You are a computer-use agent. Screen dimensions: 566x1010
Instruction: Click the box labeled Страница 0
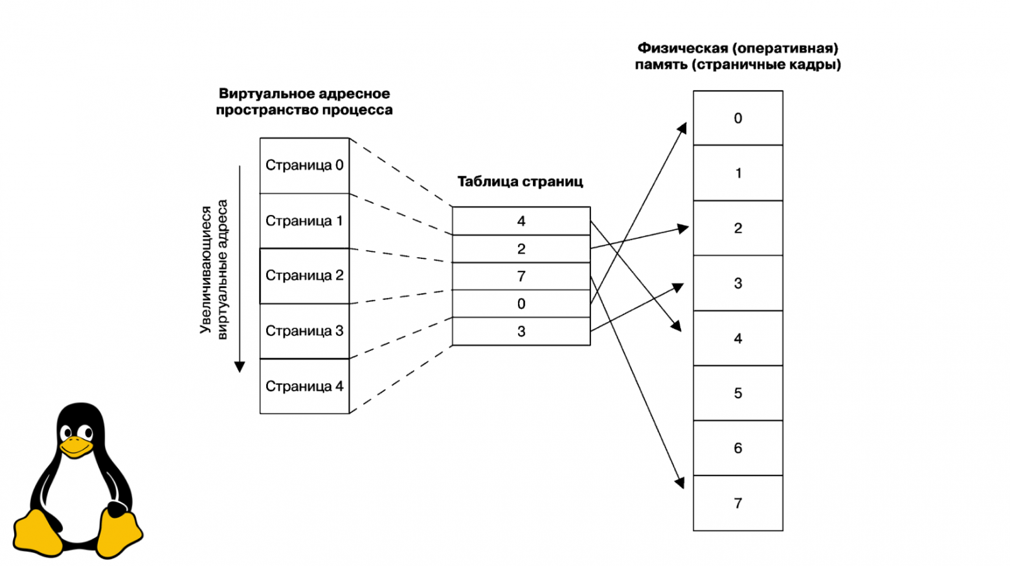pyautogui.click(x=304, y=165)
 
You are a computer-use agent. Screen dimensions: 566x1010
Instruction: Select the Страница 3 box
pyautogui.click(x=304, y=331)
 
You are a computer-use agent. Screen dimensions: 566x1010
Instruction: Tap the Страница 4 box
pyautogui.click(x=304, y=386)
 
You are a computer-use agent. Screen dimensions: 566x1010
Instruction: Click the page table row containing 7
pyautogui.click(x=521, y=277)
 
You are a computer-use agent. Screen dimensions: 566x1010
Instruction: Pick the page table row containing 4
pyautogui.click(x=521, y=221)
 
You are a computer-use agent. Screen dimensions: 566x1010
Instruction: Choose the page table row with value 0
pyautogui.click(x=521, y=304)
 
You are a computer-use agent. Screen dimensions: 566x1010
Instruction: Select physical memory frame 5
pyautogui.click(x=737, y=393)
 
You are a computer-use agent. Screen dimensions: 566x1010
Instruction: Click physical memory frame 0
pyautogui.click(x=737, y=118)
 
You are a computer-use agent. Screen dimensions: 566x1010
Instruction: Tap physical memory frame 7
pyautogui.click(x=737, y=503)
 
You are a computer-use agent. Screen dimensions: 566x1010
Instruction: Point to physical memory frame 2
pyautogui.click(x=737, y=228)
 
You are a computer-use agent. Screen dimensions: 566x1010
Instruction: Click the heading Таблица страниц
pyautogui.click(x=520, y=181)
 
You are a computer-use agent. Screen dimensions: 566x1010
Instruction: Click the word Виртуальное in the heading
pyautogui.click(x=258, y=94)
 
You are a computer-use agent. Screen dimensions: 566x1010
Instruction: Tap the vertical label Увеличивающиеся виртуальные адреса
pyautogui.click(x=214, y=269)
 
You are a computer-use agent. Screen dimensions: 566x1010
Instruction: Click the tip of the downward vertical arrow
pyautogui.click(x=240, y=370)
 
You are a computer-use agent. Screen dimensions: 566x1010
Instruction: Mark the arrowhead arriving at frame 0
pyautogui.click(x=683, y=126)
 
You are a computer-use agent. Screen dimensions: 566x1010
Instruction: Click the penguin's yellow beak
pyautogui.click(x=76, y=447)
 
